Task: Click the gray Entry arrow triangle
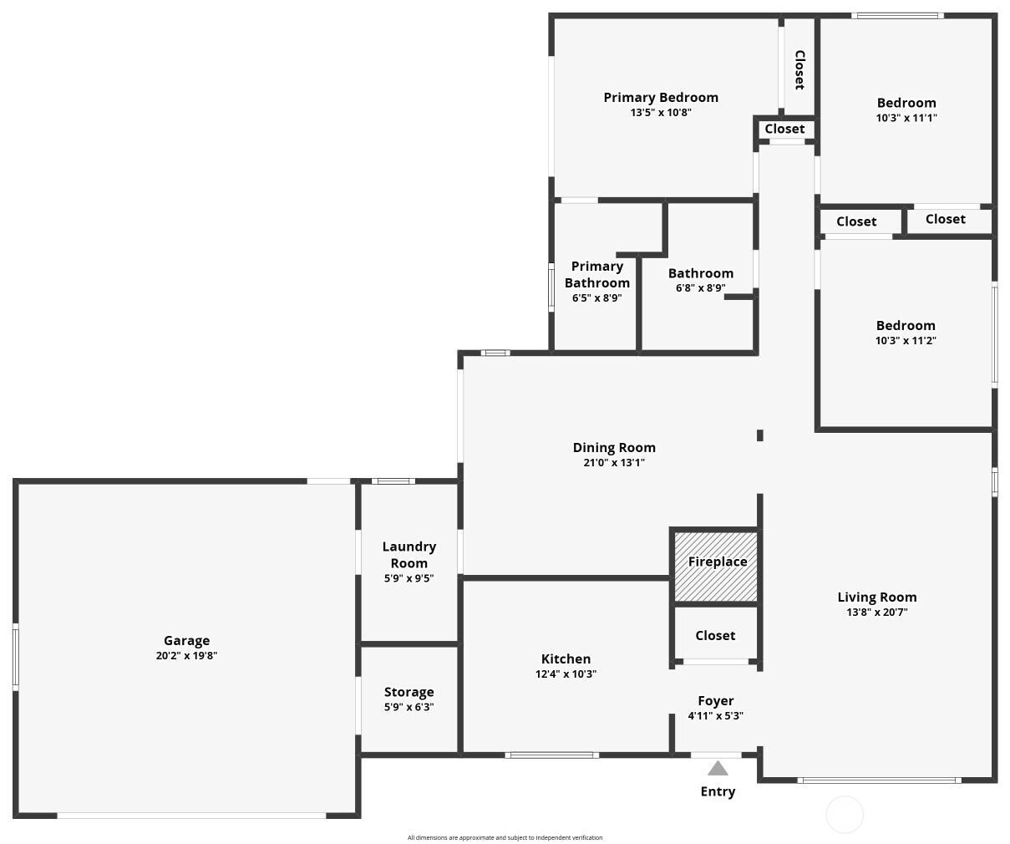[718, 769]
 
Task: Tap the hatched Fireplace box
[716, 567]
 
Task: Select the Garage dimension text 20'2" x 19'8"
[187, 656]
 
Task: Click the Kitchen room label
[566, 658]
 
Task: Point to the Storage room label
[409, 692]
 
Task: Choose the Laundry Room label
[409, 555]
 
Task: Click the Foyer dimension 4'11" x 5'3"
[715, 716]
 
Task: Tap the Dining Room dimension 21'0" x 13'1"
[614, 462]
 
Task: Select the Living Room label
[877, 597]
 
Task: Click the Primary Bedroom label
[661, 97]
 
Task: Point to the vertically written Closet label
[799, 69]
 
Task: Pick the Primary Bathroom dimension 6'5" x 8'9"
[597, 297]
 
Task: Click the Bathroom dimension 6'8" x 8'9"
[700, 288]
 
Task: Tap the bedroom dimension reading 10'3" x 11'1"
[906, 118]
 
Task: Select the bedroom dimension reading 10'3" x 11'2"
[906, 340]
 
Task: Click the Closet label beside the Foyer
[715, 635]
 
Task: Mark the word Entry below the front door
[718, 791]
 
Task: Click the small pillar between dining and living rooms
[760, 435]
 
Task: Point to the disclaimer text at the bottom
[505, 837]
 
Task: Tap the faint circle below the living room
[845, 815]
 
